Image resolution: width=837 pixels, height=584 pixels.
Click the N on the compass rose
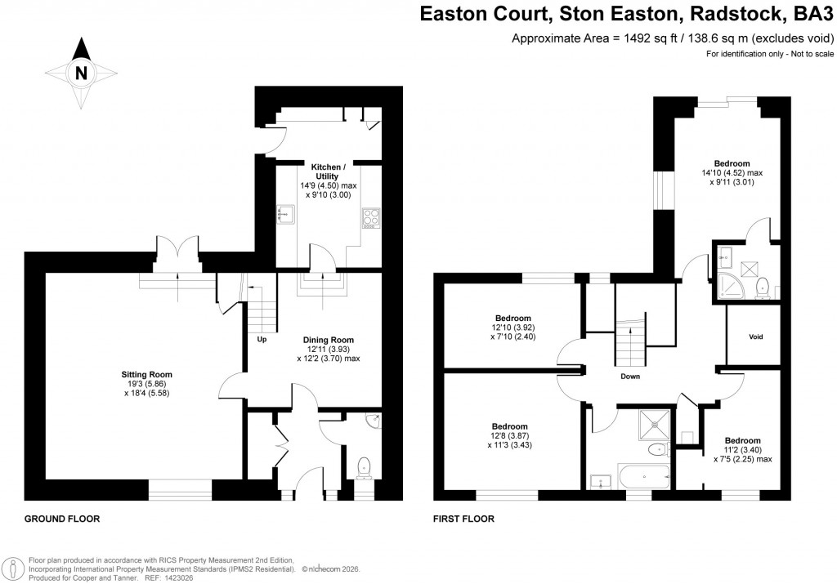80,73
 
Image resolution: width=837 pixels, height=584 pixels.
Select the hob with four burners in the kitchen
369,218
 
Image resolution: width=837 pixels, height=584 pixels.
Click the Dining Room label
329,340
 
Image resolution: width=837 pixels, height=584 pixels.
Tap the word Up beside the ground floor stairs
262,339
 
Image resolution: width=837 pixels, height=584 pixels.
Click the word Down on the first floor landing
629,377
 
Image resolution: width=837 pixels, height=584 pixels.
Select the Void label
756,336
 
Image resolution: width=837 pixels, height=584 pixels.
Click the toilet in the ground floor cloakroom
364,466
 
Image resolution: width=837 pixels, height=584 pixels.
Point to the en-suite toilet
762,286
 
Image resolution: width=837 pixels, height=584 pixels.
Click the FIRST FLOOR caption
463,519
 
